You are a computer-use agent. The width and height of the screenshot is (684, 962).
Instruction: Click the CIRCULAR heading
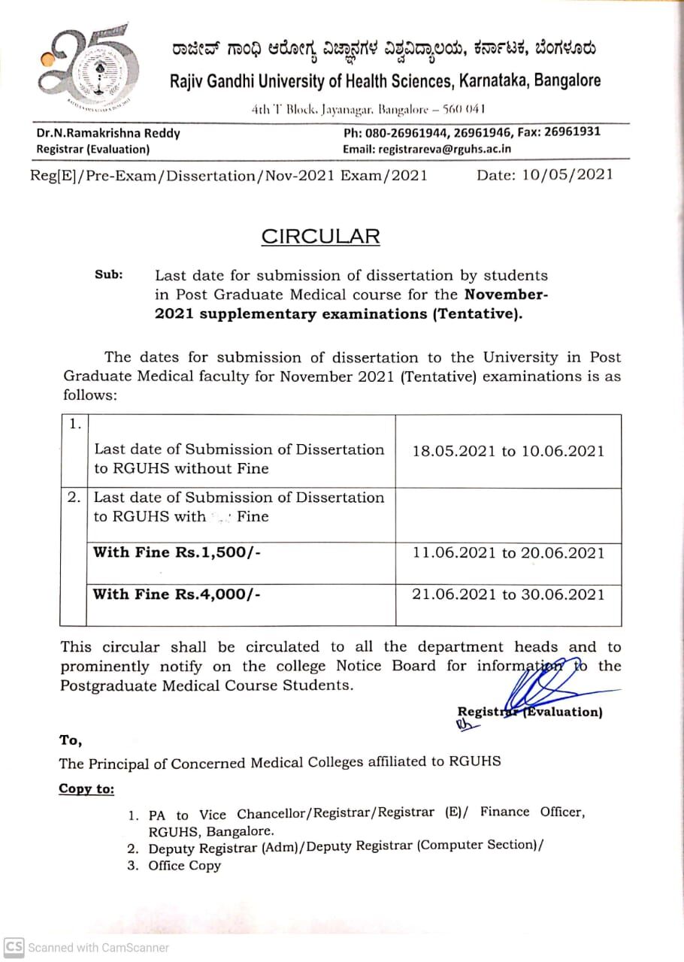320,236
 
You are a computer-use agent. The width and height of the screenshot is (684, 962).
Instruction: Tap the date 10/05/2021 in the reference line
545,174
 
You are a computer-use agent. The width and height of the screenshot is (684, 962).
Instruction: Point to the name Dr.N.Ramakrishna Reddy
108,133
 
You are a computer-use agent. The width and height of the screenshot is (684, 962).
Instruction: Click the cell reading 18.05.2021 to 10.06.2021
508,451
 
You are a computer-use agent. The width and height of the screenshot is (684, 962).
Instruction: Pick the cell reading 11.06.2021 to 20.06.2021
508,553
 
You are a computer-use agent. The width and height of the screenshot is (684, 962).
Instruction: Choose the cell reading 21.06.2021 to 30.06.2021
508,594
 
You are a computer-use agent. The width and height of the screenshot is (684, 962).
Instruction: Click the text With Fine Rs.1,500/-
177,552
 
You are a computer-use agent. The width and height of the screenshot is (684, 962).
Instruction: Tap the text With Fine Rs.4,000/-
177,594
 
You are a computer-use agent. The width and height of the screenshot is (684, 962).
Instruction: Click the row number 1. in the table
75,425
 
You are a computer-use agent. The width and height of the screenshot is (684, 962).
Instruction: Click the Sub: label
108,275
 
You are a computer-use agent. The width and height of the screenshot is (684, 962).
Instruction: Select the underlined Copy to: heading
87,789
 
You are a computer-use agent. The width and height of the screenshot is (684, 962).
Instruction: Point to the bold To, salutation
71,740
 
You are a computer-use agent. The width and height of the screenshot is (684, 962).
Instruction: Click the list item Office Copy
185,865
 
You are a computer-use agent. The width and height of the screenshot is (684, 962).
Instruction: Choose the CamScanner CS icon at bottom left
14,947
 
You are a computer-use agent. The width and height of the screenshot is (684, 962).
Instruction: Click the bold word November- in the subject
507,295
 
